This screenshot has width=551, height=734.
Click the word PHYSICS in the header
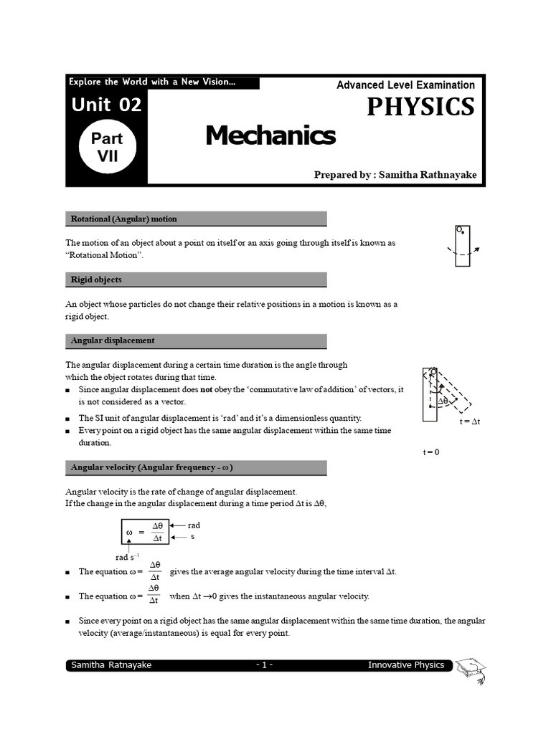coord(420,106)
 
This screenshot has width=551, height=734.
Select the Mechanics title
coord(270,135)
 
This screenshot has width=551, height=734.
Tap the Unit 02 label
coord(106,105)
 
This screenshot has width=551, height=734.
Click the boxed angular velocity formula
coord(145,532)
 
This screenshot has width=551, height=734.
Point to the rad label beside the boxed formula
coord(194,525)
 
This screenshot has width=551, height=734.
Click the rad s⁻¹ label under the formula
coord(127,557)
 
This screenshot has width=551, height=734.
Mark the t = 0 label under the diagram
coord(430,452)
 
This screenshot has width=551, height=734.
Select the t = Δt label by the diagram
coord(470,422)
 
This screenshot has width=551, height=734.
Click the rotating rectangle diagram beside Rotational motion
coord(463,246)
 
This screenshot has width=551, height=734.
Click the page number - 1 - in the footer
coord(264,665)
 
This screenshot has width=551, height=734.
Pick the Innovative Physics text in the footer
coord(405,665)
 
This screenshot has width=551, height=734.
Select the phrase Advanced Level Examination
coord(405,85)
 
